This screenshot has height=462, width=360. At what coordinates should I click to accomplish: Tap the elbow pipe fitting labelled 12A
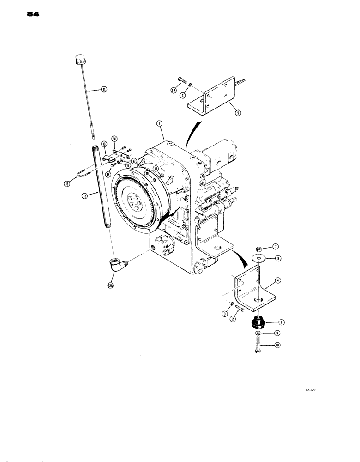116,265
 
